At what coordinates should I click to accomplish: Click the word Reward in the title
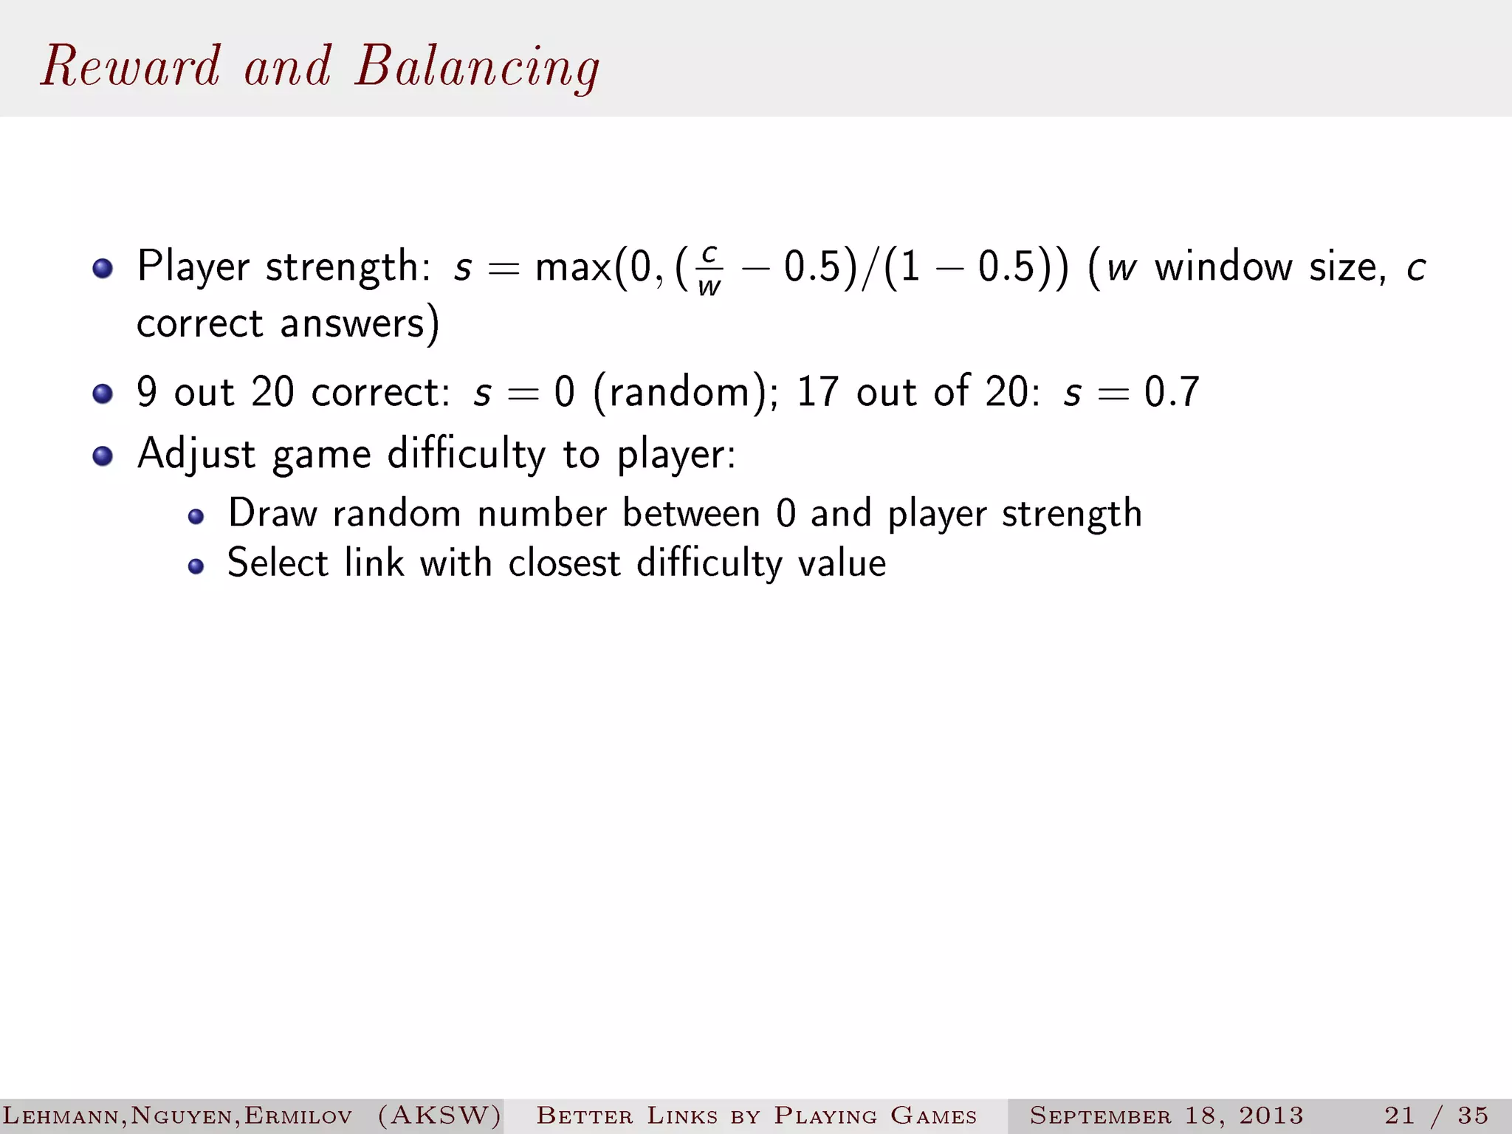pyautogui.click(x=131, y=66)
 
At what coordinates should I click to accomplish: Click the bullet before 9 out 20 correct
pyautogui.click(x=103, y=393)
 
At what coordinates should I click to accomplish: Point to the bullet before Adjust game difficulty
pyautogui.click(x=103, y=456)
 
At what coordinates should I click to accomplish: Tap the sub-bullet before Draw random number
pyautogui.click(x=196, y=516)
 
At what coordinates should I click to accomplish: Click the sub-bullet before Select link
pyautogui.click(x=196, y=566)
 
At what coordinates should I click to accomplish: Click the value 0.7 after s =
pyautogui.click(x=1172, y=392)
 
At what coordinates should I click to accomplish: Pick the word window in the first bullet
pyautogui.click(x=1223, y=267)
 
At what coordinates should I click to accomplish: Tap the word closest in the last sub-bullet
pyautogui.click(x=564, y=564)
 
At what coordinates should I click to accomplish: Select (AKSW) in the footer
pyautogui.click(x=439, y=1115)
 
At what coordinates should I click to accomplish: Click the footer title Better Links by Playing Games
pyautogui.click(x=756, y=1115)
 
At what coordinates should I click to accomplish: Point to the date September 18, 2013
pyautogui.click(x=1166, y=1115)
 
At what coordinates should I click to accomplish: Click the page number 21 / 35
pyautogui.click(x=1436, y=1115)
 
